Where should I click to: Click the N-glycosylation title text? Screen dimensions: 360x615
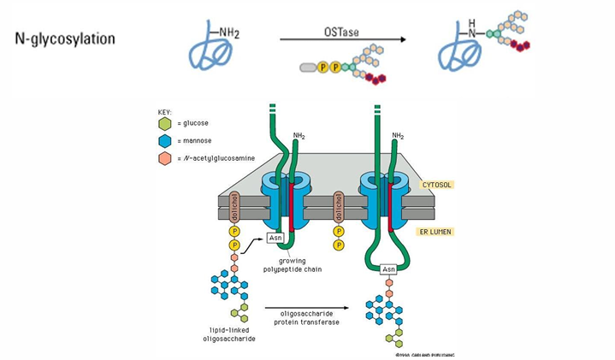click(65, 39)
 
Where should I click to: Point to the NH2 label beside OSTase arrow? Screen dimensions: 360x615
click(228, 33)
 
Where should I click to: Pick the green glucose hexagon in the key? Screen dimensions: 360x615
click(165, 124)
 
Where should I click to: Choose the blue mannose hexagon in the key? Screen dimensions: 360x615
click(165, 141)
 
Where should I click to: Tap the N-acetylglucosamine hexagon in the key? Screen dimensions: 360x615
click(165, 158)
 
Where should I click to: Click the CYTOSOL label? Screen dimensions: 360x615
click(436, 184)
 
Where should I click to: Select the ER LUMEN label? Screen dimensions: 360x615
click(436, 231)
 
